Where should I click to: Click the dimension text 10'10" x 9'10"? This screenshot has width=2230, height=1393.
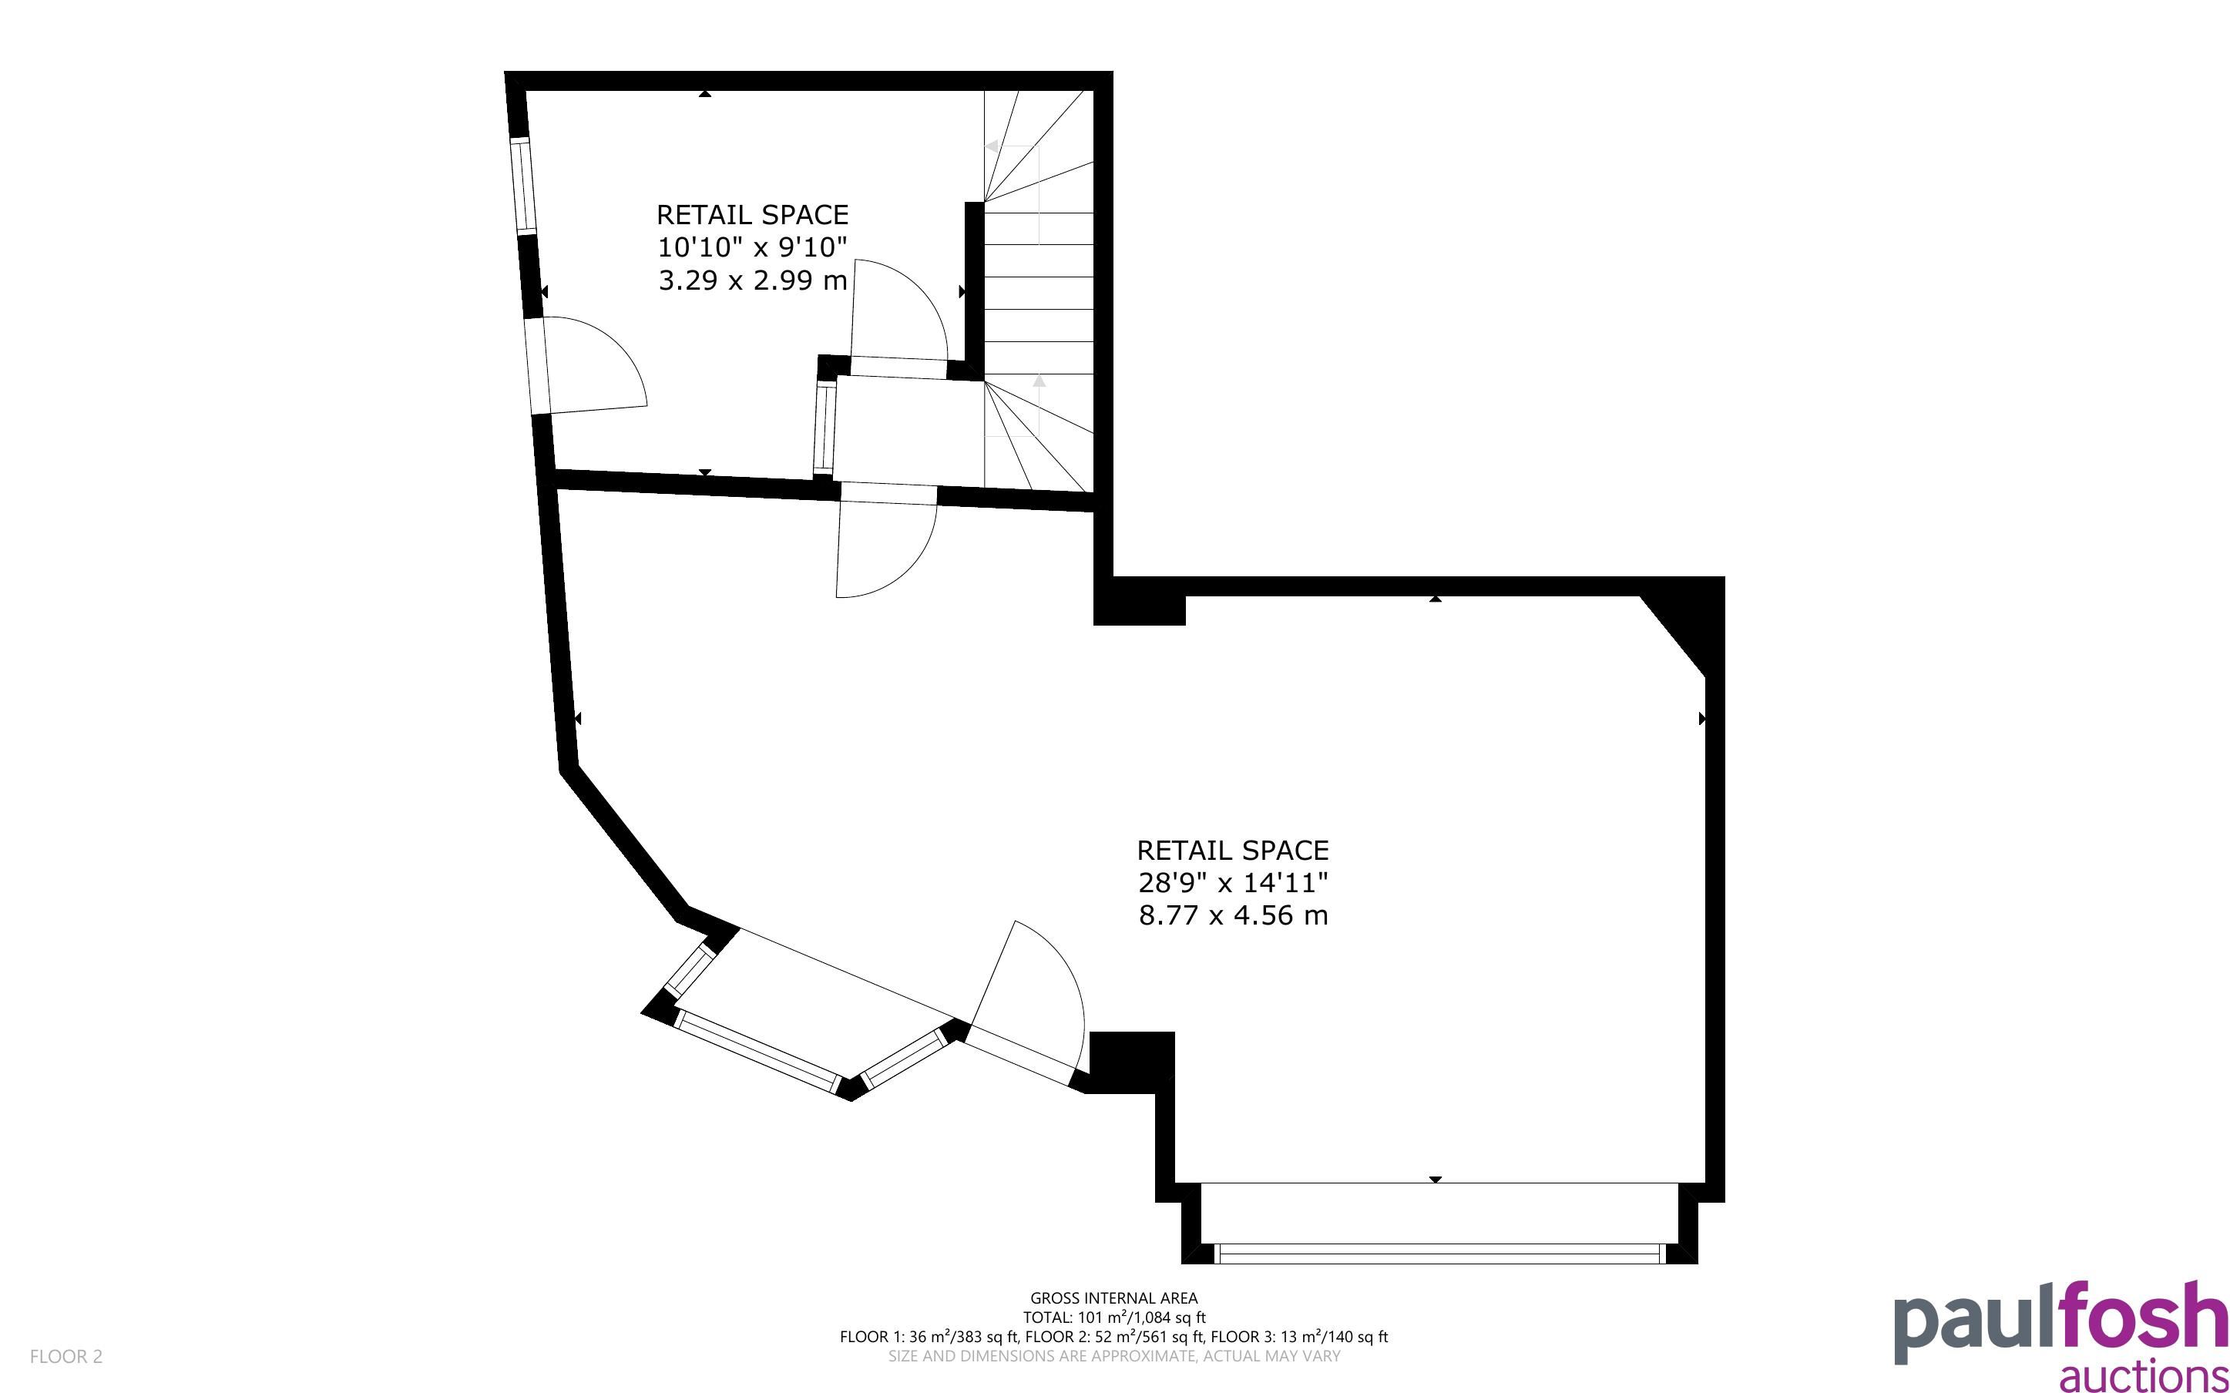[751, 247]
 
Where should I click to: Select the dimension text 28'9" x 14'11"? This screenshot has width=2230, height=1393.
[1232, 883]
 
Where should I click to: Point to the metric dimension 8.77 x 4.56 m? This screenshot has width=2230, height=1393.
[1232, 915]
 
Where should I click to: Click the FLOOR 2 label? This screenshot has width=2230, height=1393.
[66, 1356]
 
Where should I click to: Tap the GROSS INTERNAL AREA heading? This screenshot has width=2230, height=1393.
[1113, 1298]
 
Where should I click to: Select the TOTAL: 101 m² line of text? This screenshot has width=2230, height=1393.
[1113, 1317]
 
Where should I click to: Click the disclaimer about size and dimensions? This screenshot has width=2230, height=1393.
[1113, 1356]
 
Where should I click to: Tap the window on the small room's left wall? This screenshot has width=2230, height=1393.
[523, 187]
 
